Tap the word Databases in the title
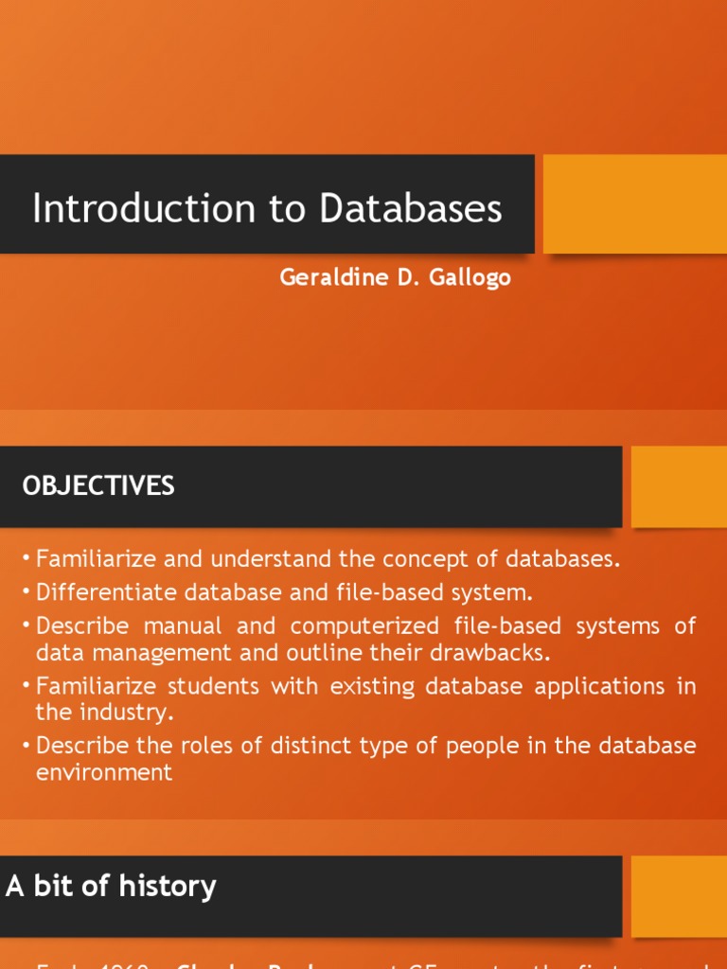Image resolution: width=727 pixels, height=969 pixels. (411, 209)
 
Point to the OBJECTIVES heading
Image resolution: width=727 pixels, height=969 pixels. (98, 486)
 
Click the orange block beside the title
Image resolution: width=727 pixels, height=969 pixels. (634, 203)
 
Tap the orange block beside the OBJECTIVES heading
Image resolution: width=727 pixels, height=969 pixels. (679, 486)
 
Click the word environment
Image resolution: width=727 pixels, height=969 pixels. (104, 771)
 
